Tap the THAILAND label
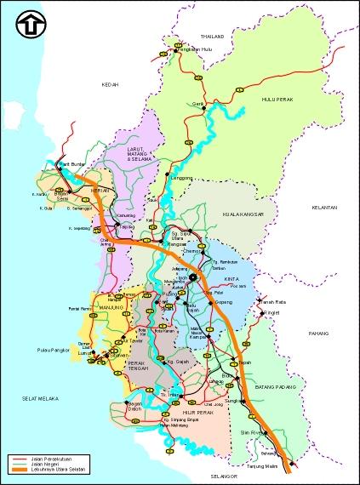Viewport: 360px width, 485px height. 212,37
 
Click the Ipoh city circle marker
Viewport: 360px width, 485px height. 193,277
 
